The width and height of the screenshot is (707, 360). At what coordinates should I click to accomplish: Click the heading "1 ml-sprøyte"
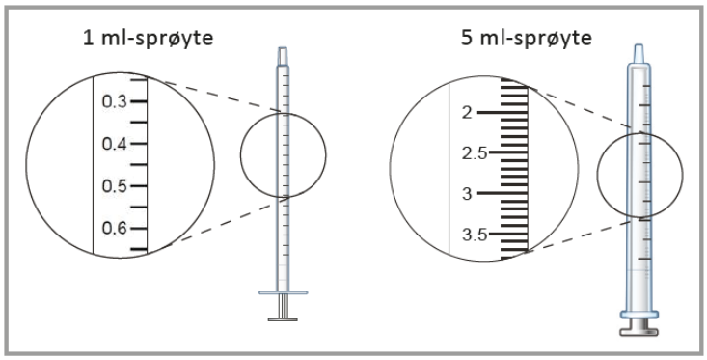[148, 39]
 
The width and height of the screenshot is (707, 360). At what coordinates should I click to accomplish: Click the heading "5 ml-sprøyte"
[526, 39]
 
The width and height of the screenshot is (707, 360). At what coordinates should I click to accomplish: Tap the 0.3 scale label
[115, 101]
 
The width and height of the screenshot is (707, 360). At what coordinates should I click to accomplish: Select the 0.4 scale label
[115, 144]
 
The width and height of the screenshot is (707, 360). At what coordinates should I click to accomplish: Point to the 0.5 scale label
[115, 186]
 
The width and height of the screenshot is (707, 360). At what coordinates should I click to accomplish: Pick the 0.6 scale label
[115, 229]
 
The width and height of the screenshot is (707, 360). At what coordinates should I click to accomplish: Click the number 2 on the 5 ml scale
[467, 112]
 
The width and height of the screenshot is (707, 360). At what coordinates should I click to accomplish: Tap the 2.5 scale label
[475, 153]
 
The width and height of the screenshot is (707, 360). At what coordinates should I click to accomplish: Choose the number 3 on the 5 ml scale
[467, 194]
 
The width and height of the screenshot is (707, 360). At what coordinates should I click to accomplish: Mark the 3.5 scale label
[475, 235]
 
